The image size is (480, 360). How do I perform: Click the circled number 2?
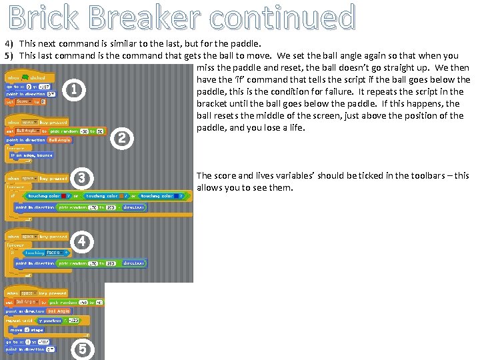[x=121, y=139]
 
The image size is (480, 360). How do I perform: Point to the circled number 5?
[x=83, y=349]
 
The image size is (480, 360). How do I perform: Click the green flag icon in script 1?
[x=25, y=77]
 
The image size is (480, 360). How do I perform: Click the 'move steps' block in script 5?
[x=26, y=329]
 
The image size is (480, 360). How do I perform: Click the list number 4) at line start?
[x=9, y=44]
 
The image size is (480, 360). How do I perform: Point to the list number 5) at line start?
[x=9, y=56]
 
